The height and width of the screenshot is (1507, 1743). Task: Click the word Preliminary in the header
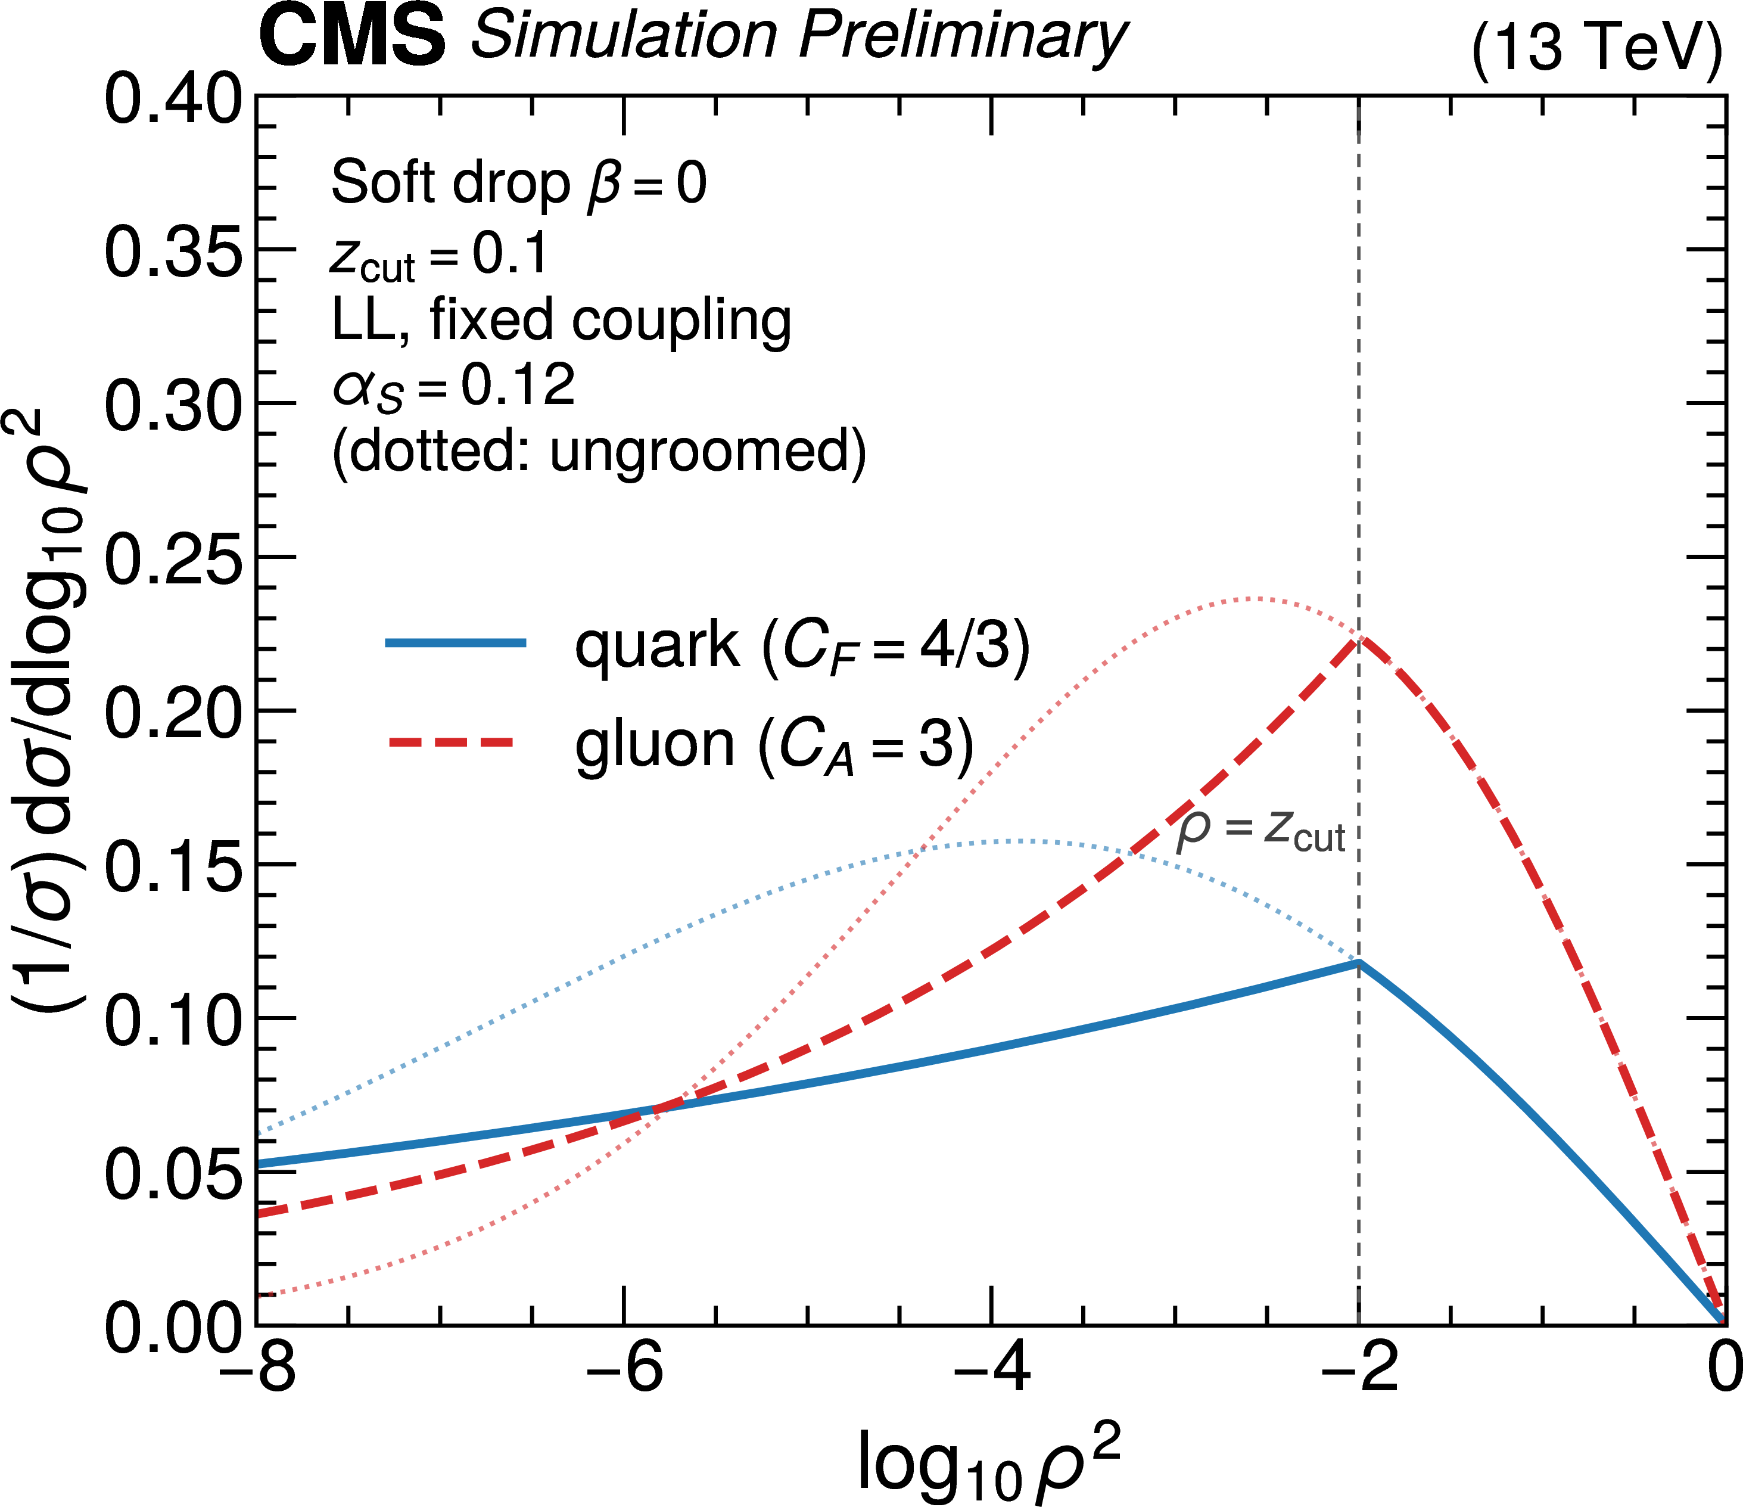tap(963, 38)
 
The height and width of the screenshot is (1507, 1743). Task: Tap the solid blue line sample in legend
tap(456, 643)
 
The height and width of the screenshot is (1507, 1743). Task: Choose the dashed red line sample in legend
tap(451, 742)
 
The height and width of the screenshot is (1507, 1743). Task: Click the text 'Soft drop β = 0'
tap(519, 184)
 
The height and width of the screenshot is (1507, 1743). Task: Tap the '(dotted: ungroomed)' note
tap(599, 453)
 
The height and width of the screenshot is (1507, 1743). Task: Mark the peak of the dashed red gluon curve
tap(1359, 638)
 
